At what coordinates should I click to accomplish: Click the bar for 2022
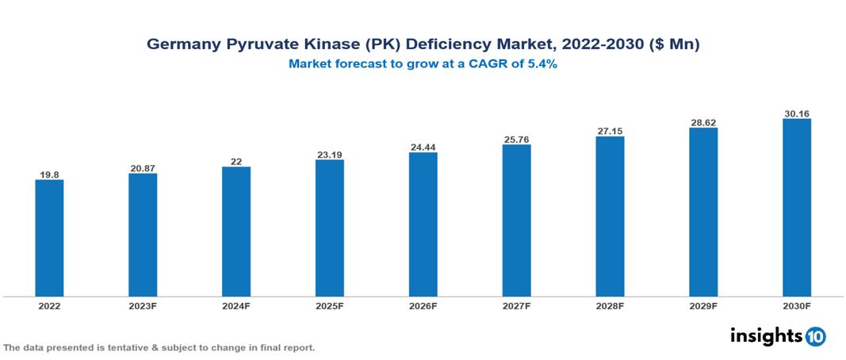[x=49, y=238]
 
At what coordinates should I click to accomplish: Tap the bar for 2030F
[x=796, y=208]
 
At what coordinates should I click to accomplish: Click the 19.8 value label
[x=49, y=174]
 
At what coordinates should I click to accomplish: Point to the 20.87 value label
[x=143, y=168]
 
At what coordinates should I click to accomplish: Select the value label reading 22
[x=236, y=161]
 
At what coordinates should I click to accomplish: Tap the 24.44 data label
[x=423, y=147]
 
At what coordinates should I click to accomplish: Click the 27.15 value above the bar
[x=610, y=131]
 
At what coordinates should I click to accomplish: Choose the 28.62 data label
[x=703, y=122]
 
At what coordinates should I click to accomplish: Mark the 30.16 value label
[x=796, y=113]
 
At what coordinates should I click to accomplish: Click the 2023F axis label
[x=143, y=306]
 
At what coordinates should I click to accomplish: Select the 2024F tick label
[x=236, y=306]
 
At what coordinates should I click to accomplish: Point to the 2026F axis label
[x=423, y=306]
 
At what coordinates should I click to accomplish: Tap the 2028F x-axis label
[x=610, y=306]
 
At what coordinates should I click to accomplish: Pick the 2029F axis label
[x=703, y=306]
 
